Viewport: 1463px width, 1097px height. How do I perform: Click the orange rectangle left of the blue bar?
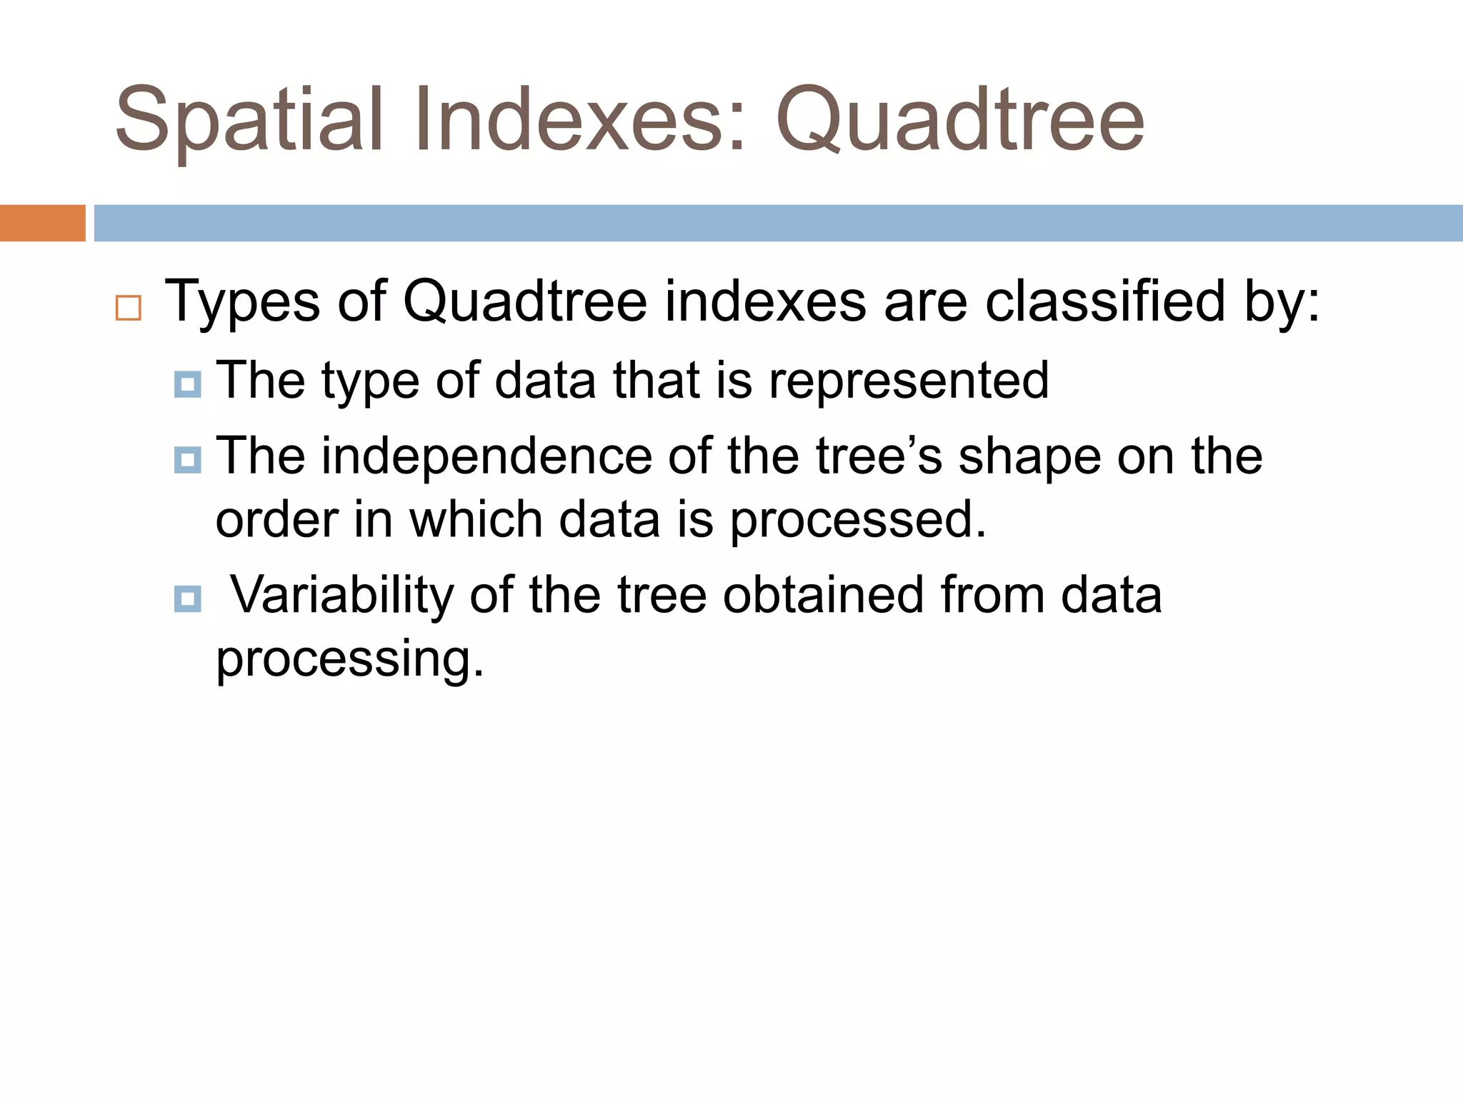(42, 223)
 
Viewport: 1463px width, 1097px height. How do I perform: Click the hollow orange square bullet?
(129, 308)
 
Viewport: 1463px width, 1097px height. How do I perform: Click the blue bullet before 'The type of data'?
(187, 385)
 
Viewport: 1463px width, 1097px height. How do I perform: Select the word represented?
(909, 381)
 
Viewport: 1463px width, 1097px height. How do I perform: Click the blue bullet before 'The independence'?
(187, 460)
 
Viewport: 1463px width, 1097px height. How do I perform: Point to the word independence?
(486, 456)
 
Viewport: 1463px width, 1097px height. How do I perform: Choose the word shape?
(1029, 458)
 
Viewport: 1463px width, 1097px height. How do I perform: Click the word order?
(276, 519)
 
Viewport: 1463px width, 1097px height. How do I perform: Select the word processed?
(857, 521)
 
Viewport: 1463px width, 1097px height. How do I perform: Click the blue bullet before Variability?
(187, 598)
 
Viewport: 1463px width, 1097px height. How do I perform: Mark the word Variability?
(341, 596)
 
